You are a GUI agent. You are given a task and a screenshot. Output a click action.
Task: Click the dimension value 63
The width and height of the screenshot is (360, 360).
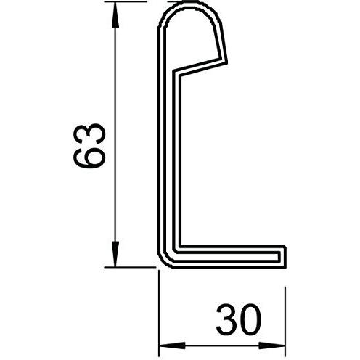coord(89,146)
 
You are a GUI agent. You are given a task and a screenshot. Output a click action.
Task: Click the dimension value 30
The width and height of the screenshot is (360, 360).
coord(239,319)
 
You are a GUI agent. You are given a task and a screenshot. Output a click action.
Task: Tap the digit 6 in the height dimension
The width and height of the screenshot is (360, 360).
coord(89,157)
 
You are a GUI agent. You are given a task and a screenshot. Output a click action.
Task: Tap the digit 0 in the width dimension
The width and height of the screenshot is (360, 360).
coord(250,319)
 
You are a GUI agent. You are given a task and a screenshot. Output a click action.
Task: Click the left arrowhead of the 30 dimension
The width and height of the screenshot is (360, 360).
coord(172,345)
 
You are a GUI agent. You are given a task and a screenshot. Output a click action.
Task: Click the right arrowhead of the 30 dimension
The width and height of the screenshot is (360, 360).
coord(272,345)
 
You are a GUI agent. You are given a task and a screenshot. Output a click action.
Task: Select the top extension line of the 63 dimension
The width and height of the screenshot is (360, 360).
coord(126,1)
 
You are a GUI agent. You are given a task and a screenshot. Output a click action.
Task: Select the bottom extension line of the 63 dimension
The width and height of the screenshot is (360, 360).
coord(130,267)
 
